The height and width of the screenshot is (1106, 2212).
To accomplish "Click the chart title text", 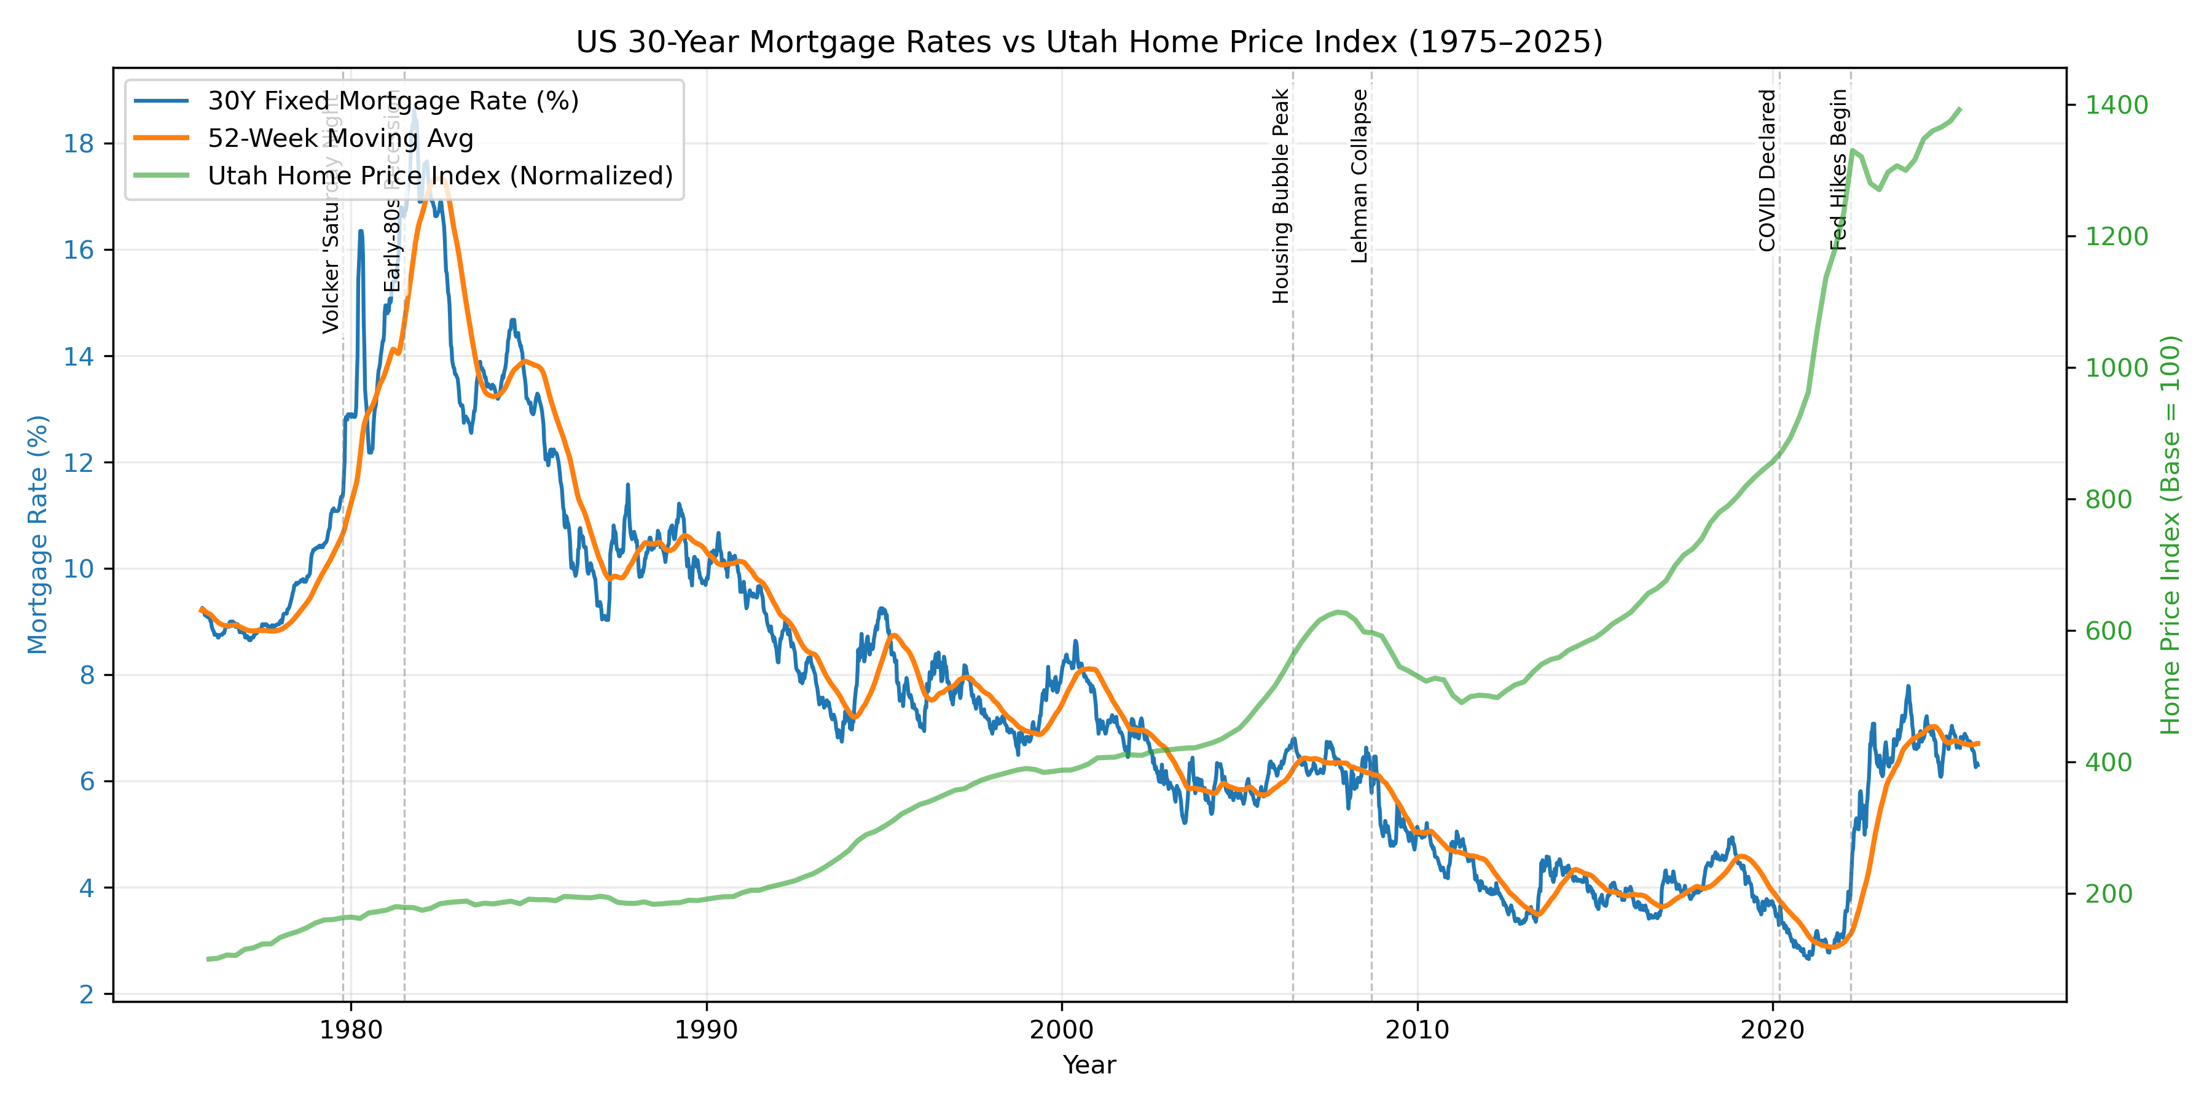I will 1089,42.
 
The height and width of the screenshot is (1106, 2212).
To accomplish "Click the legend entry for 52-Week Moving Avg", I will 340,138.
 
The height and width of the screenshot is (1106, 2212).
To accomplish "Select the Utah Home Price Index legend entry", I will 440,175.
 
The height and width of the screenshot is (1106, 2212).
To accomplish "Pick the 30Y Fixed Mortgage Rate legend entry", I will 393,101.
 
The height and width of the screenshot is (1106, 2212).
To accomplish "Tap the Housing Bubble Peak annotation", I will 1281,196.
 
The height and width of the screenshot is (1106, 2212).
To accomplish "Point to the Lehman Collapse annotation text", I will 1359,176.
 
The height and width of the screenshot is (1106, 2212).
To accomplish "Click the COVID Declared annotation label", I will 1767,170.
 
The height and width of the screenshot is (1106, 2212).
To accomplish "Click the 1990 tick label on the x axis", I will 706,1030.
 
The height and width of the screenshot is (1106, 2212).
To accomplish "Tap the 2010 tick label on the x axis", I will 1417,1030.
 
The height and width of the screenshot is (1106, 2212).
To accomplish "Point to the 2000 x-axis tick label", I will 1061,1030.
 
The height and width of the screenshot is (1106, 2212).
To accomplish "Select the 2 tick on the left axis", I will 86,994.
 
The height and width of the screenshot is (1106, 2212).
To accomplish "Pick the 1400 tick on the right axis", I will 2117,104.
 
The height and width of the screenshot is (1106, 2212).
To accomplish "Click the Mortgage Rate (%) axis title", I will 37,534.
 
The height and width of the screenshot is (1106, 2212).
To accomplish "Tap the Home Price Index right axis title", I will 2170,534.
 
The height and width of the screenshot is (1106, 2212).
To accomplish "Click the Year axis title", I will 1089,1065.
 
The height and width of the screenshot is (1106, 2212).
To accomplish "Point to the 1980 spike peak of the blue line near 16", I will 361,231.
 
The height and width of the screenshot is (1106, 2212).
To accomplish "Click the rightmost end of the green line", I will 1959,109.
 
